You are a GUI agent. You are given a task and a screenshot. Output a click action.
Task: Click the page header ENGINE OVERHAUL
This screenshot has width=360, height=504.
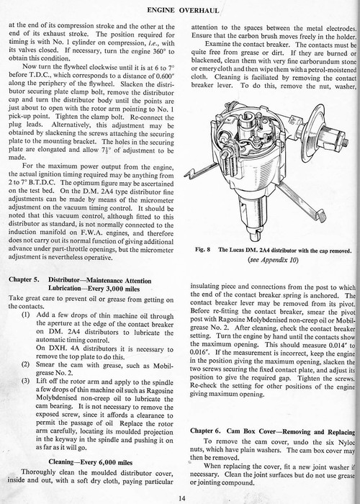(x=183, y=10)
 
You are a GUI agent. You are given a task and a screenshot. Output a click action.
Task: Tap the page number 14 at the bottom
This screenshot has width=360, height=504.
(x=182, y=498)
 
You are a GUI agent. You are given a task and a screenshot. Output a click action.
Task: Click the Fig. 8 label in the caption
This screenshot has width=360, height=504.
(x=202, y=250)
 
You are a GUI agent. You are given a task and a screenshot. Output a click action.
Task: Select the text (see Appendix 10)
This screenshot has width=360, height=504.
(x=273, y=260)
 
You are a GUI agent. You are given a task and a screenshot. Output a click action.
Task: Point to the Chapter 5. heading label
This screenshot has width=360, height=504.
(x=24, y=279)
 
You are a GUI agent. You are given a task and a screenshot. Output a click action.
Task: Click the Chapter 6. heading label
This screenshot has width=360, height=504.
(x=205, y=431)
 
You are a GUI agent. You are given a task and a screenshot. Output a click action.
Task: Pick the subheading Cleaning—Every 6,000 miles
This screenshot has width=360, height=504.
(x=90, y=462)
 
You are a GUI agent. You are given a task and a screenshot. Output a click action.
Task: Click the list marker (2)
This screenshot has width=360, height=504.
(x=25, y=364)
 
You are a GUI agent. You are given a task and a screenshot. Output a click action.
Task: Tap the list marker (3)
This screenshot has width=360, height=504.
(x=25, y=381)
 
